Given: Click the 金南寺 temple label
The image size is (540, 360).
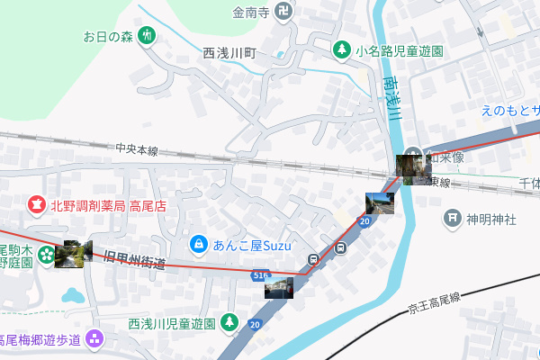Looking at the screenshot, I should click(x=251, y=13).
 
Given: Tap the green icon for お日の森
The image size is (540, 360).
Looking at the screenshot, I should click(x=148, y=37).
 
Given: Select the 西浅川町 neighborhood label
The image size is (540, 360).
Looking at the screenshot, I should click(x=229, y=54).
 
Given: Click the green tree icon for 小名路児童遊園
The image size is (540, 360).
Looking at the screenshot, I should click(x=342, y=50).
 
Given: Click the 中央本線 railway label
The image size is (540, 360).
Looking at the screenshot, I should click(x=137, y=149).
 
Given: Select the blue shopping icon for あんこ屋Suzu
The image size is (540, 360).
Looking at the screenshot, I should click(x=198, y=243).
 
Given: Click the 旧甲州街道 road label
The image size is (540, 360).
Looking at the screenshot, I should click(x=135, y=262).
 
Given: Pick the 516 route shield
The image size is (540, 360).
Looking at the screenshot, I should click(x=261, y=273).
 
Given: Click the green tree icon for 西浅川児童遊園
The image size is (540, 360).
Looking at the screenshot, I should click(x=229, y=321).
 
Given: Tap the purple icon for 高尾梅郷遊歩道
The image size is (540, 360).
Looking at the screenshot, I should click(x=96, y=339).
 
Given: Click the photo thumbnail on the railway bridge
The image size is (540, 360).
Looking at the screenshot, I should click(x=410, y=168).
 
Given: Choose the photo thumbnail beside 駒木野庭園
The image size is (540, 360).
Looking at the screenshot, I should click(x=72, y=254).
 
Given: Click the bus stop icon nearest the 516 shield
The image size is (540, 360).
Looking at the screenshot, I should click(x=313, y=261).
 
